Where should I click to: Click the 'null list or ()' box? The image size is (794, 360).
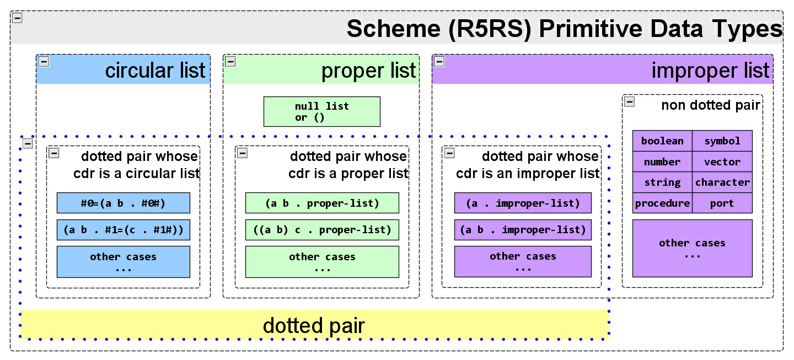(321, 111)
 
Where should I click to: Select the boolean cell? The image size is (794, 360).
(662, 141)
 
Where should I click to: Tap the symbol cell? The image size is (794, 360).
(722, 141)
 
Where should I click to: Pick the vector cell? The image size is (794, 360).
(722, 162)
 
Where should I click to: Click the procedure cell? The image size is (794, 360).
(662, 203)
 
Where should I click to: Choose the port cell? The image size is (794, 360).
(722, 203)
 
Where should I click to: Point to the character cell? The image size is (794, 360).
(722, 182)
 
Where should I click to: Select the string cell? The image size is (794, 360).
(662, 182)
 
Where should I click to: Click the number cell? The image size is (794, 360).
(662, 162)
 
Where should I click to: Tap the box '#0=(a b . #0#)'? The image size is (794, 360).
(123, 203)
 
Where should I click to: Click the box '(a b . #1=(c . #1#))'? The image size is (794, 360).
(123, 229)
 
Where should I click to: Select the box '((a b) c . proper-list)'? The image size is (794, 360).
(321, 229)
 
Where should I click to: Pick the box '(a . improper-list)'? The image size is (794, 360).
(523, 203)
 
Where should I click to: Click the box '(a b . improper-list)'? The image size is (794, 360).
(523, 229)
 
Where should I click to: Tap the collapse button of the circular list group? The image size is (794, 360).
(44, 62)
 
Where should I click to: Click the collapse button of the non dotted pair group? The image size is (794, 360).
(629, 101)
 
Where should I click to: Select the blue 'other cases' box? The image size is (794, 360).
(123, 261)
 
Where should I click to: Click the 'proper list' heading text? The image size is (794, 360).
(368, 71)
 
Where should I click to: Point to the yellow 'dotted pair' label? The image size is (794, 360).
(314, 325)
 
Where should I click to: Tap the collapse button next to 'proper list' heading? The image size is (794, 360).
(230, 62)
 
